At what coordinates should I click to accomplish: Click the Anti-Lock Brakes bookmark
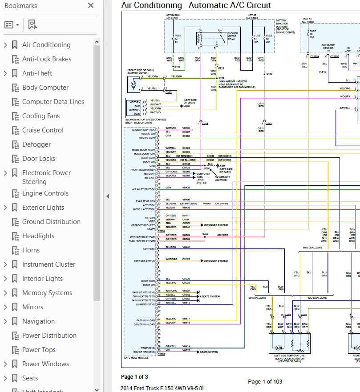(46, 59)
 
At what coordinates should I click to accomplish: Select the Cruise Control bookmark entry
(43, 130)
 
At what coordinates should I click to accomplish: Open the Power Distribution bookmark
(49, 336)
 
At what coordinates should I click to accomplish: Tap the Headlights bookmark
(38, 236)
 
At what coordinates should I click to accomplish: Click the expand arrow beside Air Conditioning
(5, 45)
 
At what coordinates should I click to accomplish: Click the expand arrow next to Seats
(5, 378)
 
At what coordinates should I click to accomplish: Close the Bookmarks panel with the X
(91, 6)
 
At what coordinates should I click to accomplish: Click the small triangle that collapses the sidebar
(108, 196)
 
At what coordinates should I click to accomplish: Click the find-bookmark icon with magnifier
(32, 24)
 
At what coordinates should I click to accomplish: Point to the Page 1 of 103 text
(265, 381)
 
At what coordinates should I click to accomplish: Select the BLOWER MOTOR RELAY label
(233, 36)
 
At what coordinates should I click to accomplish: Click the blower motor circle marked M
(133, 84)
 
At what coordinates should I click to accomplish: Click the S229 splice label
(221, 78)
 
